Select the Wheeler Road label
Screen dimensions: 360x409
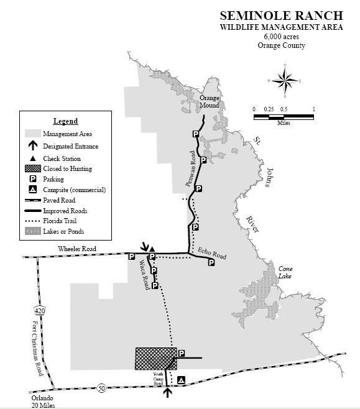[77, 249]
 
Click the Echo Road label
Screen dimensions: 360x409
[211, 254]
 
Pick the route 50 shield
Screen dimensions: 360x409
[101, 389]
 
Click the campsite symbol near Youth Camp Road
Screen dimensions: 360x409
[181, 380]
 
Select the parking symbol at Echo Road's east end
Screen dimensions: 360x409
[211, 262]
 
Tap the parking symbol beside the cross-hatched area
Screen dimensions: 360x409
[182, 354]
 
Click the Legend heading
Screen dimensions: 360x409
[65, 121]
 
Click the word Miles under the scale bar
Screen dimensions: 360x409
[283, 122]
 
